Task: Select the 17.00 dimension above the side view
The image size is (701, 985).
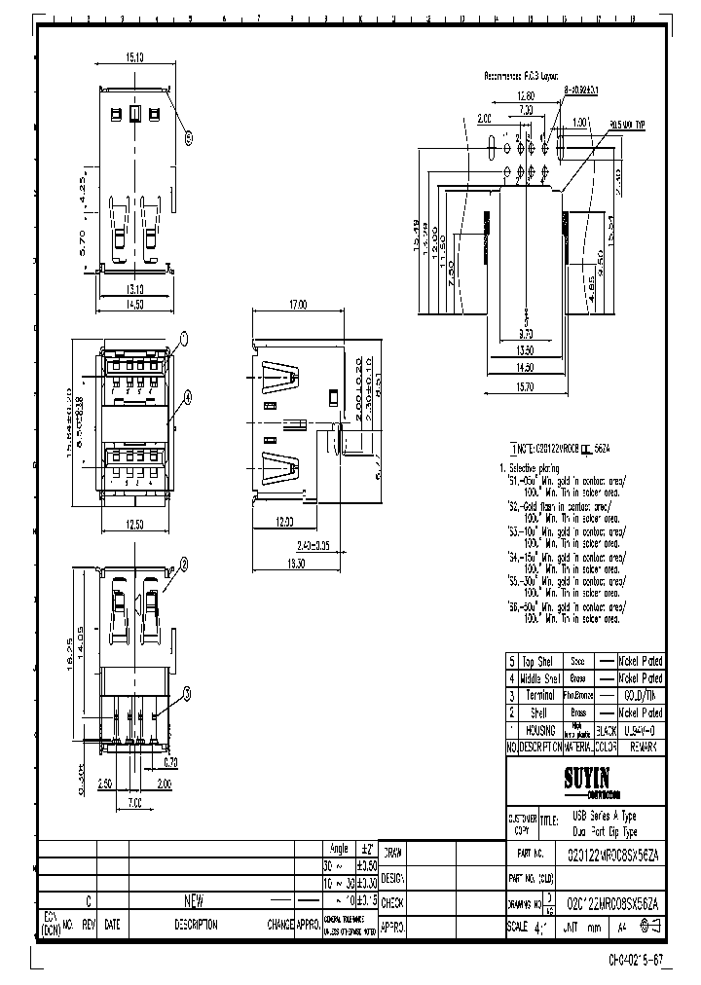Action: coord(297,305)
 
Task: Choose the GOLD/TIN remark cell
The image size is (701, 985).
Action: coord(642,695)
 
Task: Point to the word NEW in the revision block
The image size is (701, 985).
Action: coord(195,901)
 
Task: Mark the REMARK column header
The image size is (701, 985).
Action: coord(643,748)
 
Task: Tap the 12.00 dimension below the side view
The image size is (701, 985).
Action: coord(284,523)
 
